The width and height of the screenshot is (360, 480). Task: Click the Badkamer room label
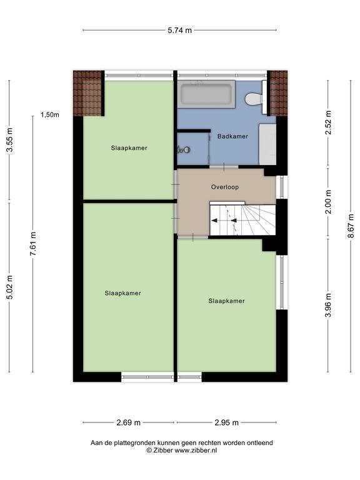(x=232, y=136)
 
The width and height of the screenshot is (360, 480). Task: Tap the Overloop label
(x=225, y=187)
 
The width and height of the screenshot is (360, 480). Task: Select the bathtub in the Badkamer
(x=206, y=94)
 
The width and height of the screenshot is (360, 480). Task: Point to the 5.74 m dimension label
(x=180, y=30)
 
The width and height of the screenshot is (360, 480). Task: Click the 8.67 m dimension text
(x=351, y=225)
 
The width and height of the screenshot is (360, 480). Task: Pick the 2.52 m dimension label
(x=328, y=122)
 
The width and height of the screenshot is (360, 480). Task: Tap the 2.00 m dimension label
(x=328, y=202)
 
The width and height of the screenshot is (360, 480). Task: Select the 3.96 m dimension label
(x=328, y=305)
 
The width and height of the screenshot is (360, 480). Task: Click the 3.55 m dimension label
(x=10, y=139)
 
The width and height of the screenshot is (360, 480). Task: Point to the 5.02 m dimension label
(x=10, y=287)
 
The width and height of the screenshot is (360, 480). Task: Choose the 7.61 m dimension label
(x=33, y=244)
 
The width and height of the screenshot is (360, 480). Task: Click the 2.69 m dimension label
(x=128, y=422)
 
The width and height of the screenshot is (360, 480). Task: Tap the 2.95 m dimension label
(x=226, y=422)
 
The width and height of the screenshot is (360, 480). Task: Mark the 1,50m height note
(x=50, y=115)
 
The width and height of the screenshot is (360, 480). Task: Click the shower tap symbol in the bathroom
(x=184, y=150)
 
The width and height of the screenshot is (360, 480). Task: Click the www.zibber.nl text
(x=196, y=450)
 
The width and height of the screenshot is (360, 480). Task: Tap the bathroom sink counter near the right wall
(x=267, y=144)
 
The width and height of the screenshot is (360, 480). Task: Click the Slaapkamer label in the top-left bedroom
(x=129, y=148)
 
